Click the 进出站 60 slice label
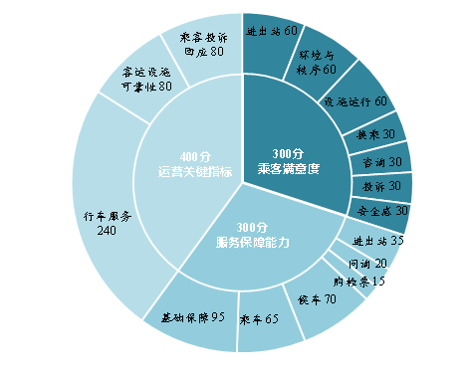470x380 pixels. pos(272,31)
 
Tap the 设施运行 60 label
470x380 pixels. pos(355,101)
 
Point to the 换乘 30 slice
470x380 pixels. pos(375,133)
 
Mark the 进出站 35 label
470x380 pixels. pos(377,241)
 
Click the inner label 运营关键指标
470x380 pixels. pos(194,172)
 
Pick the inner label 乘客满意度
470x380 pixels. pos(287,169)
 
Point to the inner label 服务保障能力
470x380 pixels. pos(252,242)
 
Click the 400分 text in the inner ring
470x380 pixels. pos(194,156)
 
